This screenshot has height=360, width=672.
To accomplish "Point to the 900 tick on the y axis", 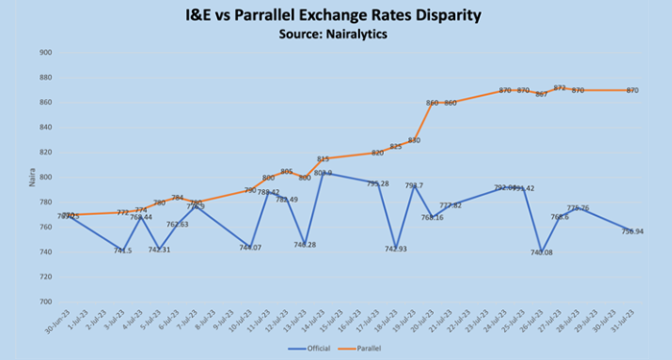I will point(45,53).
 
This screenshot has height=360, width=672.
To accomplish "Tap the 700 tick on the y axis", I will point(45,301).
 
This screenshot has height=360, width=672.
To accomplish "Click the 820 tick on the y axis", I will point(45,152).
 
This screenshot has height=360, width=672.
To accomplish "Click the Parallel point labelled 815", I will point(323,158).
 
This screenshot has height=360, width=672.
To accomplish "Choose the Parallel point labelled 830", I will point(414,140).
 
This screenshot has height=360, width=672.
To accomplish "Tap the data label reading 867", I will point(541,94).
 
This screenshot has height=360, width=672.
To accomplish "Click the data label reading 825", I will point(396,147).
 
